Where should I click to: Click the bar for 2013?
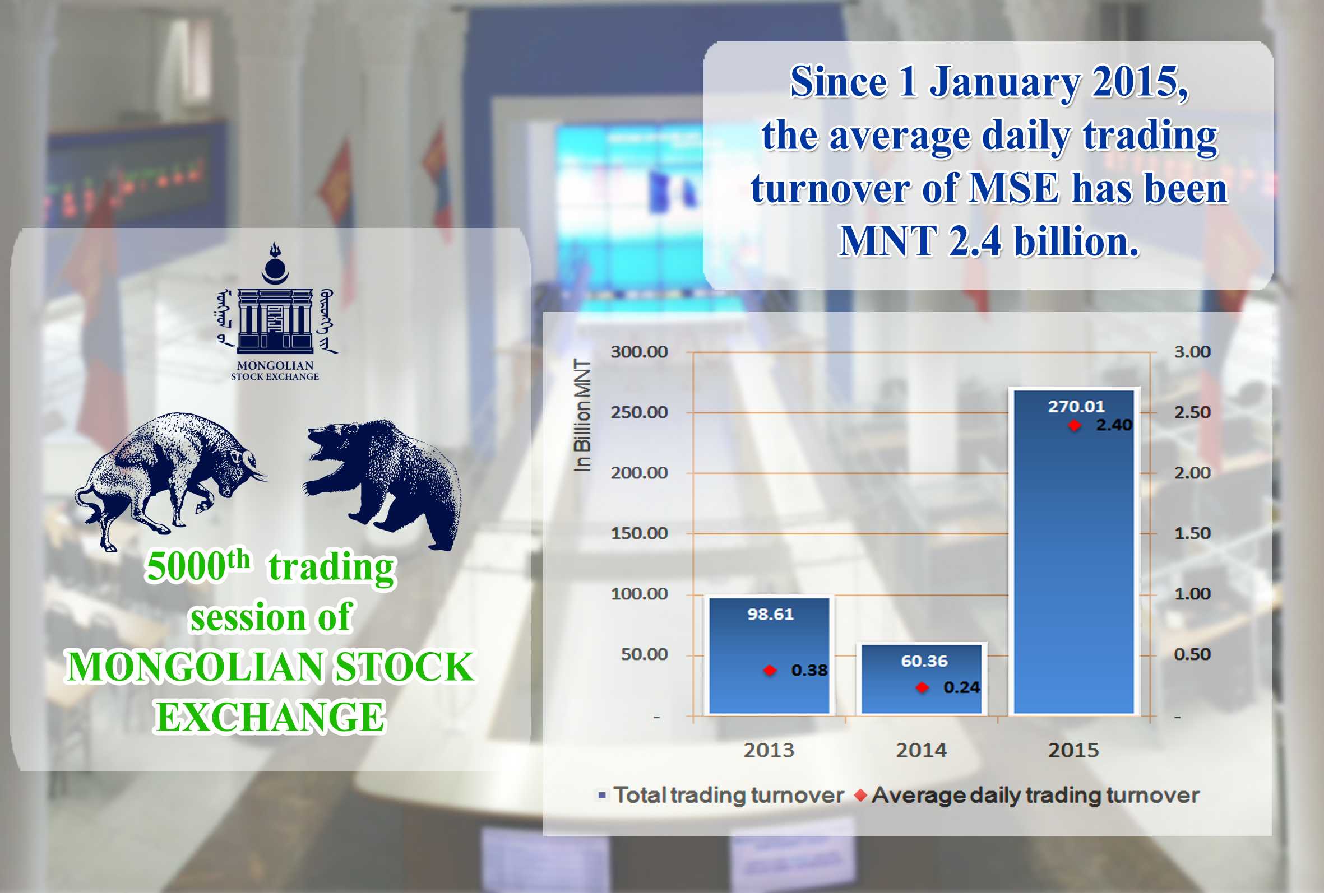pyautogui.click(x=769, y=655)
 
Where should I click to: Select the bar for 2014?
pyautogui.click(x=922, y=679)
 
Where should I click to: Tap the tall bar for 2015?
pyautogui.click(x=1074, y=551)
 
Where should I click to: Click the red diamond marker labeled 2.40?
pyautogui.click(x=1075, y=425)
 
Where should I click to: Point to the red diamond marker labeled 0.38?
pyautogui.click(x=770, y=671)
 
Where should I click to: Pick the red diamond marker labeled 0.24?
pyautogui.click(x=922, y=687)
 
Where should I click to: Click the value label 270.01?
pyautogui.click(x=1076, y=406)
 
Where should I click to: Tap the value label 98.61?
pyautogui.click(x=770, y=614)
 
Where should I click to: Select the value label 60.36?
pyautogui.click(x=924, y=661)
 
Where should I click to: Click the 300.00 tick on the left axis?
pyautogui.click(x=639, y=351)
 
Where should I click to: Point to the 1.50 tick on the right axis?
pyautogui.click(x=1192, y=533)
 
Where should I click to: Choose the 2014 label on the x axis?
pyautogui.click(x=921, y=750)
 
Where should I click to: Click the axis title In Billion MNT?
pyautogui.click(x=582, y=415)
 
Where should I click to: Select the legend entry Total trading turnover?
pyautogui.click(x=721, y=795)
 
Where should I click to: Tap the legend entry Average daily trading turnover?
pyautogui.click(x=1027, y=795)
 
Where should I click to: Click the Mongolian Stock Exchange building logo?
pyautogui.click(x=275, y=311)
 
